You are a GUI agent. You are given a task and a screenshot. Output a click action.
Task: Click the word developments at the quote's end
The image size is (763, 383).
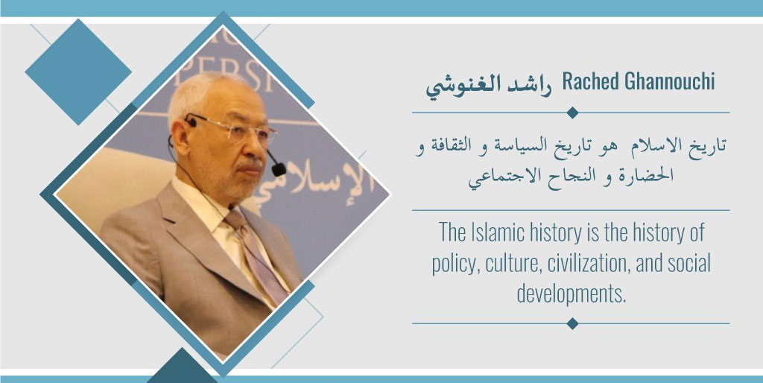pyautogui.click(x=572, y=294)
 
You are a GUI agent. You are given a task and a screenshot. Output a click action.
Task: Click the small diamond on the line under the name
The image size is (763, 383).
pyautogui.click(x=572, y=113)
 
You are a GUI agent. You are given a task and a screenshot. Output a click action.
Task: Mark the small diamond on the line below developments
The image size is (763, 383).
pyautogui.click(x=572, y=323)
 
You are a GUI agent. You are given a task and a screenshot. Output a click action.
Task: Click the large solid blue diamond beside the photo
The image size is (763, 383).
pyautogui.click(x=78, y=72)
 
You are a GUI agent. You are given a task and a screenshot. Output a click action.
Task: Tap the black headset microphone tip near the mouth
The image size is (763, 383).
pyautogui.click(x=279, y=169)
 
